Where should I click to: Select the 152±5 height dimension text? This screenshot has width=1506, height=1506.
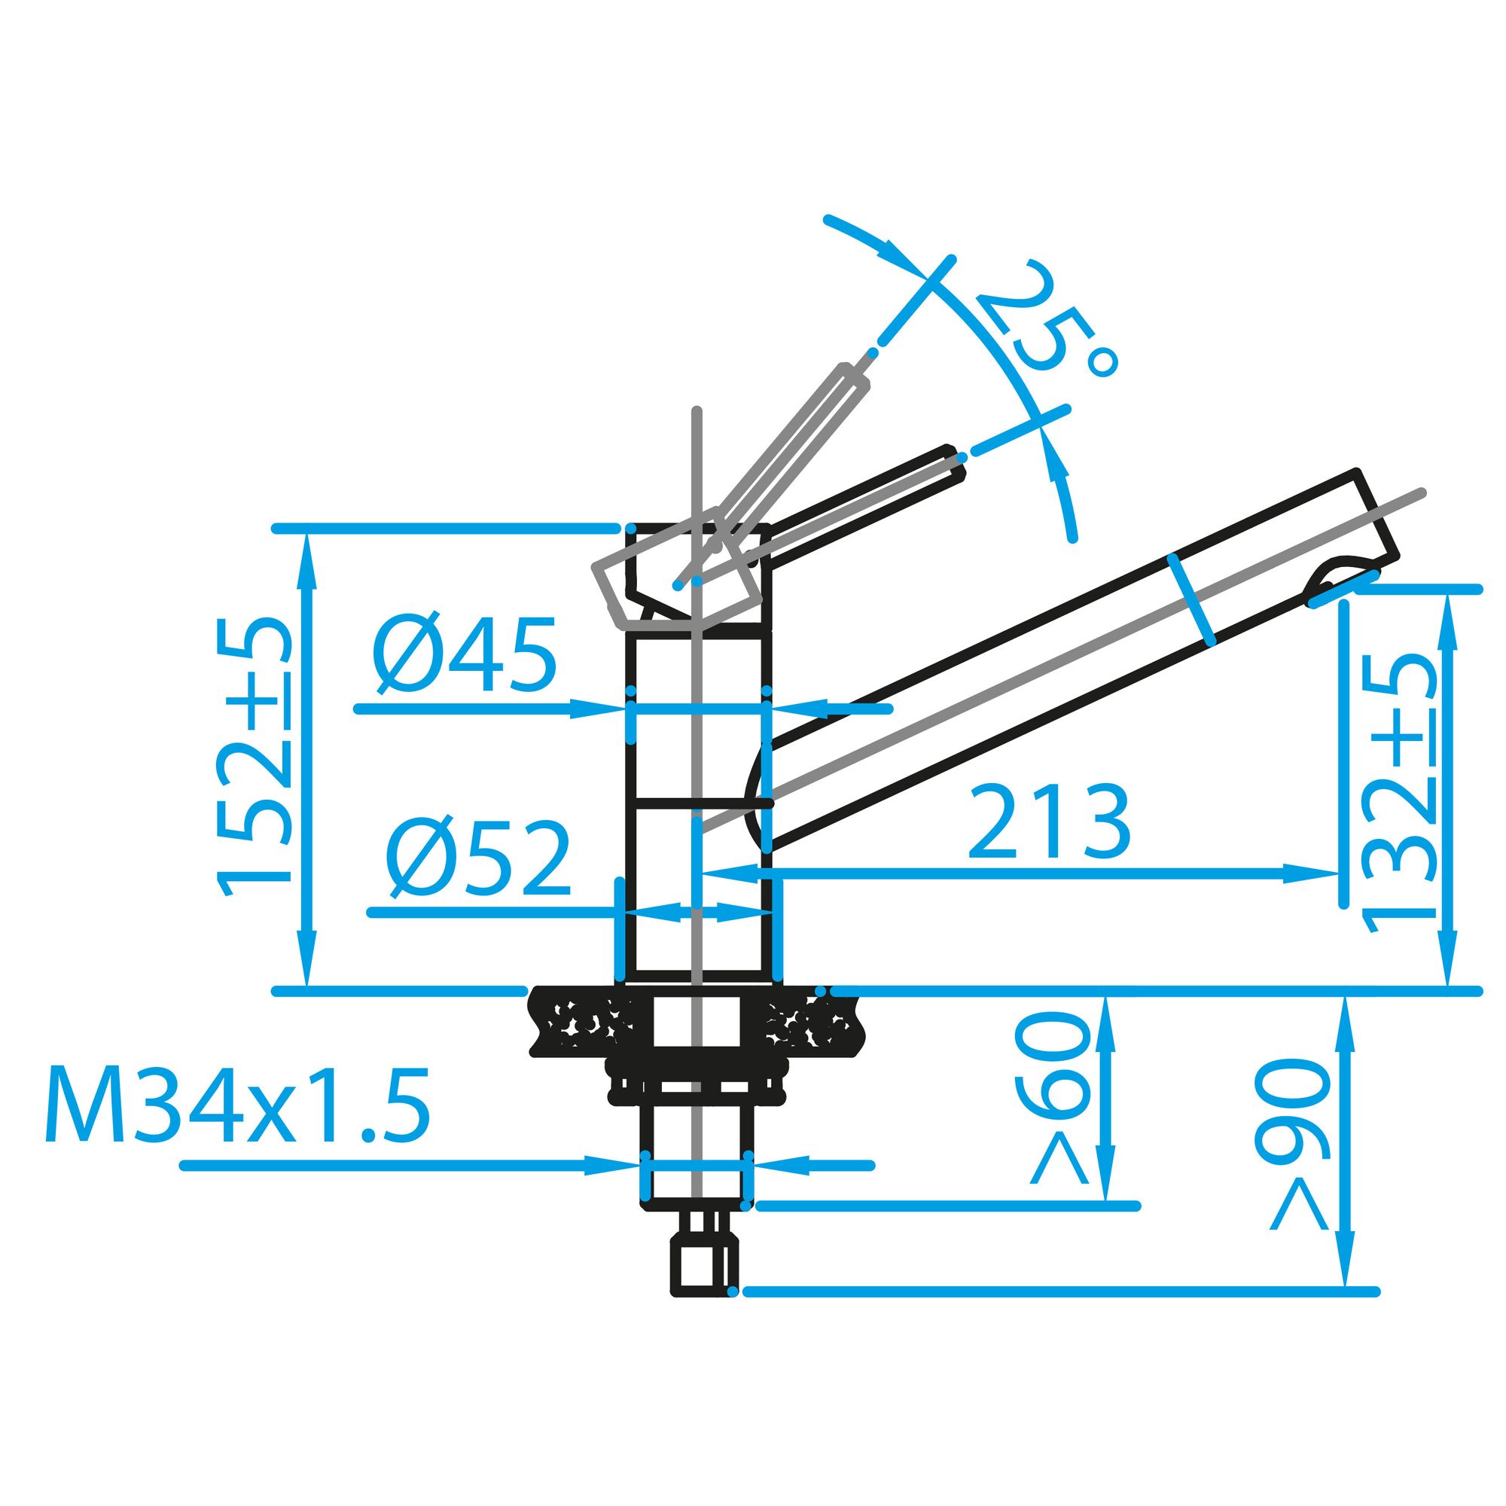[255, 757]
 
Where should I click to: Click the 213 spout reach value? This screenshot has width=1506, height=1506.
[1047, 822]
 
